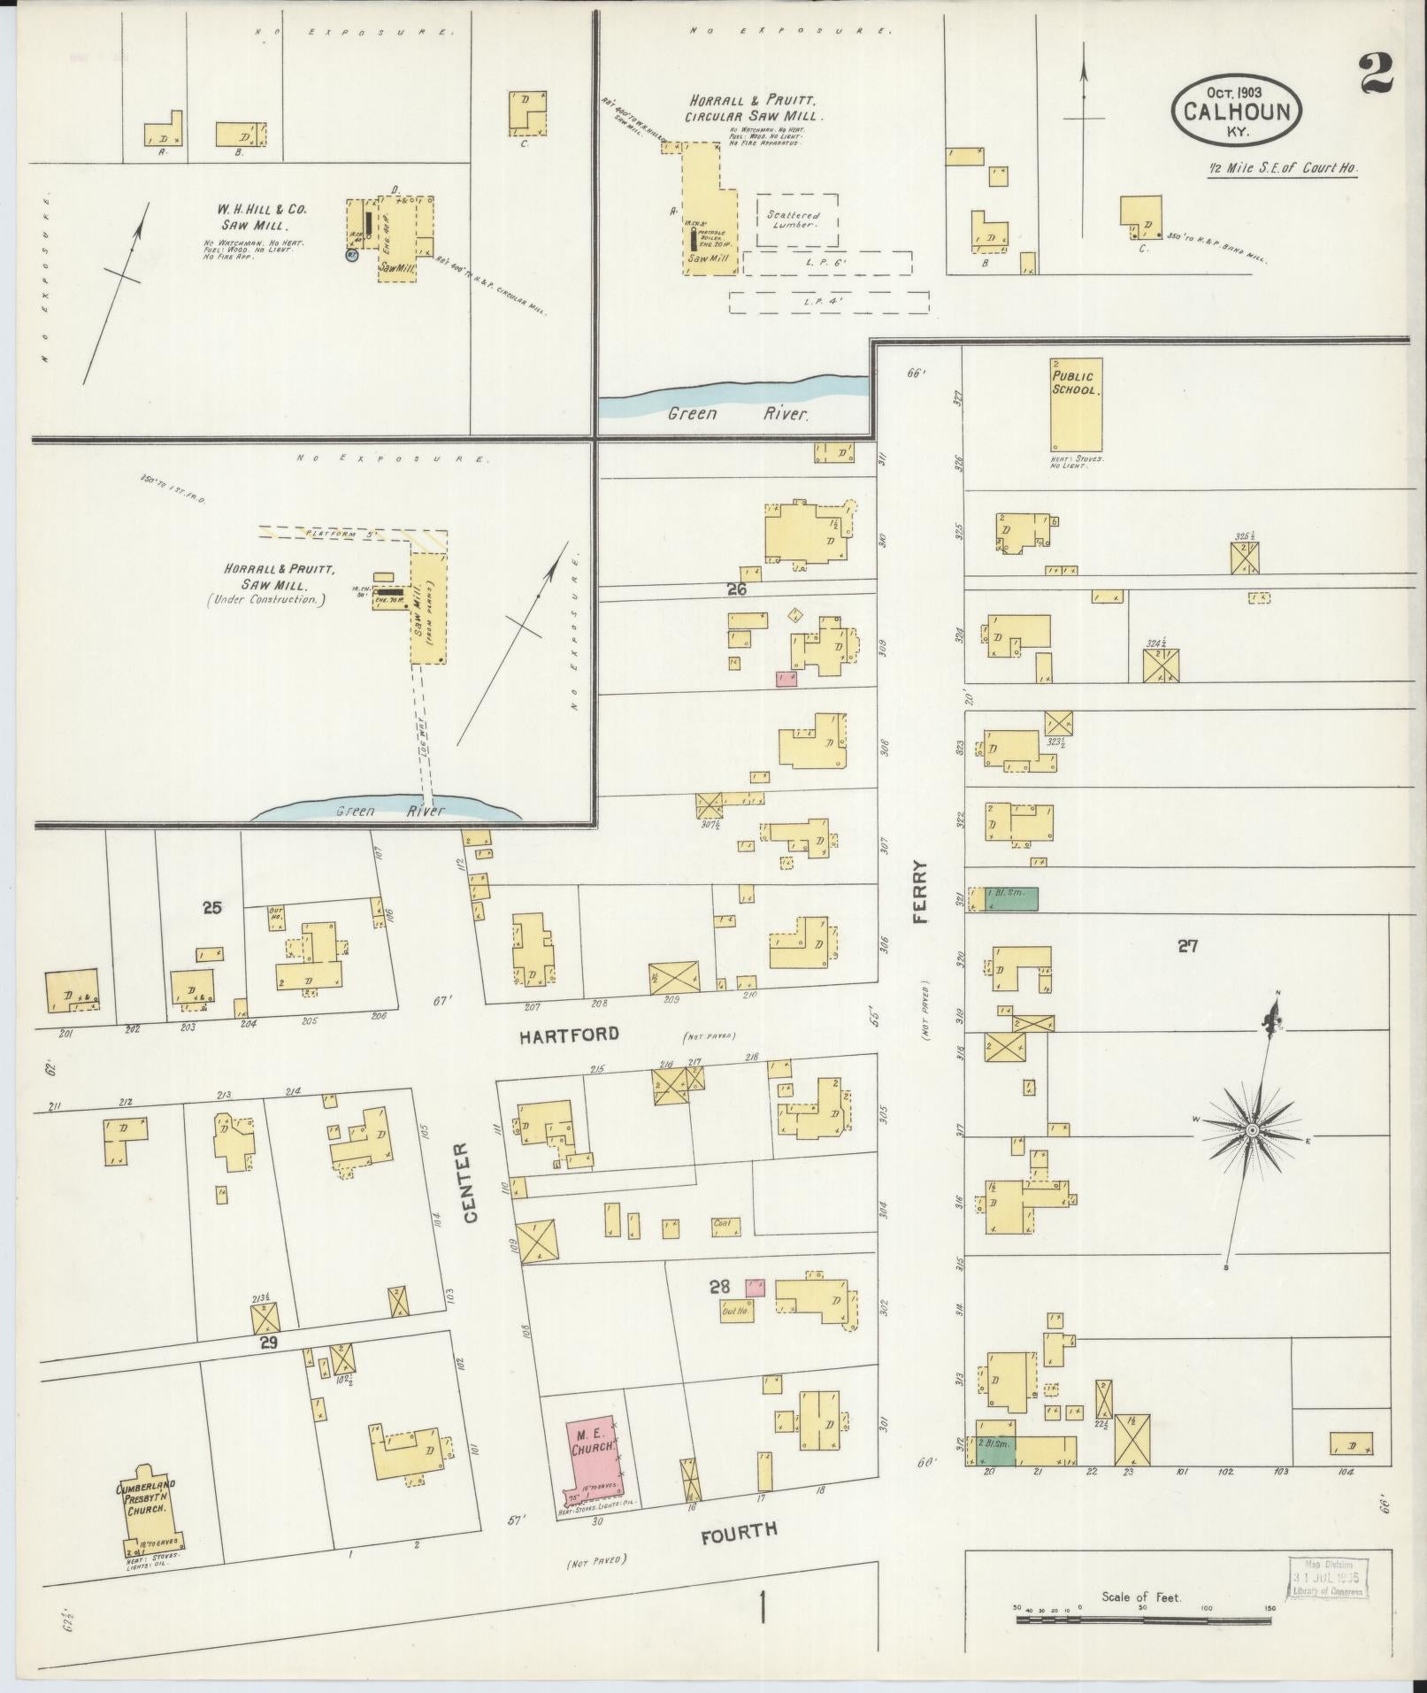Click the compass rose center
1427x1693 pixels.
click(x=1253, y=1132)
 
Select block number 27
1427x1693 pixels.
click(x=1186, y=946)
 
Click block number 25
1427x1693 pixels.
click(x=211, y=906)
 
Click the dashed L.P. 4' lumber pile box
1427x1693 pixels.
click(x=828, y=302)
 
